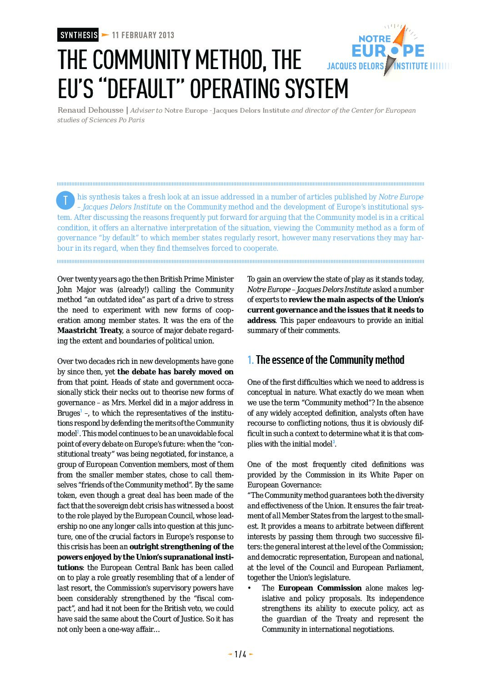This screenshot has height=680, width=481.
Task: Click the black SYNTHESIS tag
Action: [78, 35]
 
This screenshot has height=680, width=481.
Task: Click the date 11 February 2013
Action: [143, 35]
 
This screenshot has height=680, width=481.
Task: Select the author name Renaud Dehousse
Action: [90, 110]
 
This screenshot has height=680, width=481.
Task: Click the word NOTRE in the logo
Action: [374, 39]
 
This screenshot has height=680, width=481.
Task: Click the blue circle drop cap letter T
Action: [65, 200]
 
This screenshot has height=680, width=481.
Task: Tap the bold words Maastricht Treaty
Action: [90, 330]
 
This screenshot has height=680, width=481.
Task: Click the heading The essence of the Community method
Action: [330, 360]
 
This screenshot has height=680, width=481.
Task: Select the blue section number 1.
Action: [250, 360]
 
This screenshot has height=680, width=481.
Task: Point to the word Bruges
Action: [68, 413]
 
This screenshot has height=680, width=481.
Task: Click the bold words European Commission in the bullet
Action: [320, 588]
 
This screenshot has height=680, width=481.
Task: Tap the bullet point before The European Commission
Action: [250, 588]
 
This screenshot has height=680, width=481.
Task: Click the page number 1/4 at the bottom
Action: [240, 654]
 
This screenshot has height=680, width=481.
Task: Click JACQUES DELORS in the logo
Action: [356, 66]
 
